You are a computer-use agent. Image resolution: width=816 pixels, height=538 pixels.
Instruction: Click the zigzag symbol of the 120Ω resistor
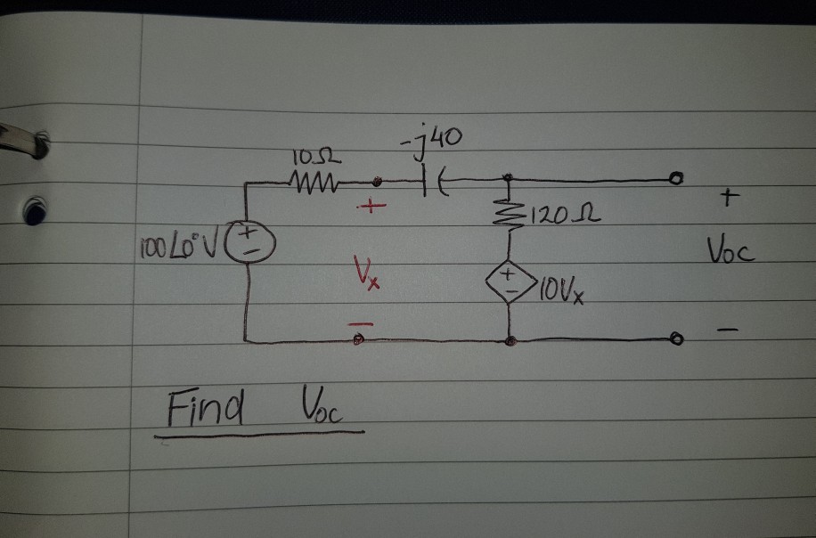[510, 214]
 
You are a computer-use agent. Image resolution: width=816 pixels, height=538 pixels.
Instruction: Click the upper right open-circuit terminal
[677, 181]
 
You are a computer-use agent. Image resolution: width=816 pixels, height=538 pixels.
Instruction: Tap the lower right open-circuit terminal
[676, 339]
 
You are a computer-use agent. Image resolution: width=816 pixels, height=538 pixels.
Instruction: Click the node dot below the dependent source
[509, 340]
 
